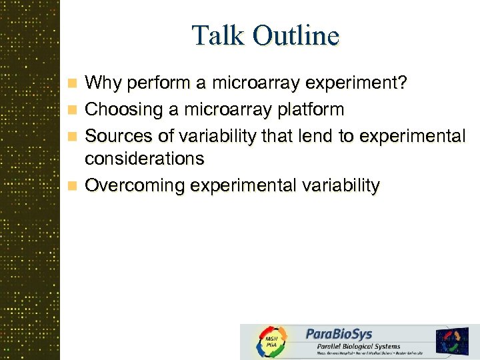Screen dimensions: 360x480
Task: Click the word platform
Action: pos(313,109)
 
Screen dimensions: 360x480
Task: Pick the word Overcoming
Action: pos(137,186)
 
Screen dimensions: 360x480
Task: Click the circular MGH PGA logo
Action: pos(271,342)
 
